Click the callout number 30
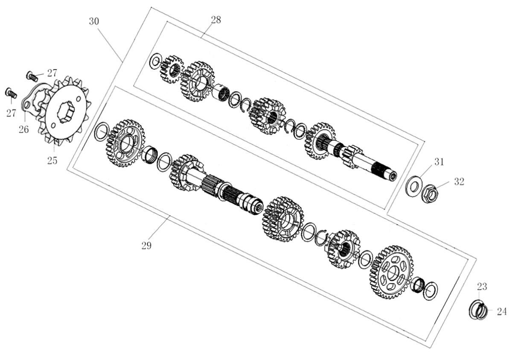(x=94, y=21)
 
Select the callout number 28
(x=216, y=20)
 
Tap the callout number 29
(x=146, y=246)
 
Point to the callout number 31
(x=439, y=162)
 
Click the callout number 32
(x=459, y=181)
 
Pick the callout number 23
(x=482, y=287)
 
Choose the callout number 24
(x=502, y=311)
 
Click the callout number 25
(x=52, y=161)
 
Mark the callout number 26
(x=24, y=129)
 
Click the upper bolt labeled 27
(x=32, y=76)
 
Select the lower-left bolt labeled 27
(x=11, y=93)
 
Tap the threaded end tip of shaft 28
(x=393, y=176)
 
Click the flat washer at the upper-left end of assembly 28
(x=155, y=61)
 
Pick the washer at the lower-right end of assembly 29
(x=430, y=291)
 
